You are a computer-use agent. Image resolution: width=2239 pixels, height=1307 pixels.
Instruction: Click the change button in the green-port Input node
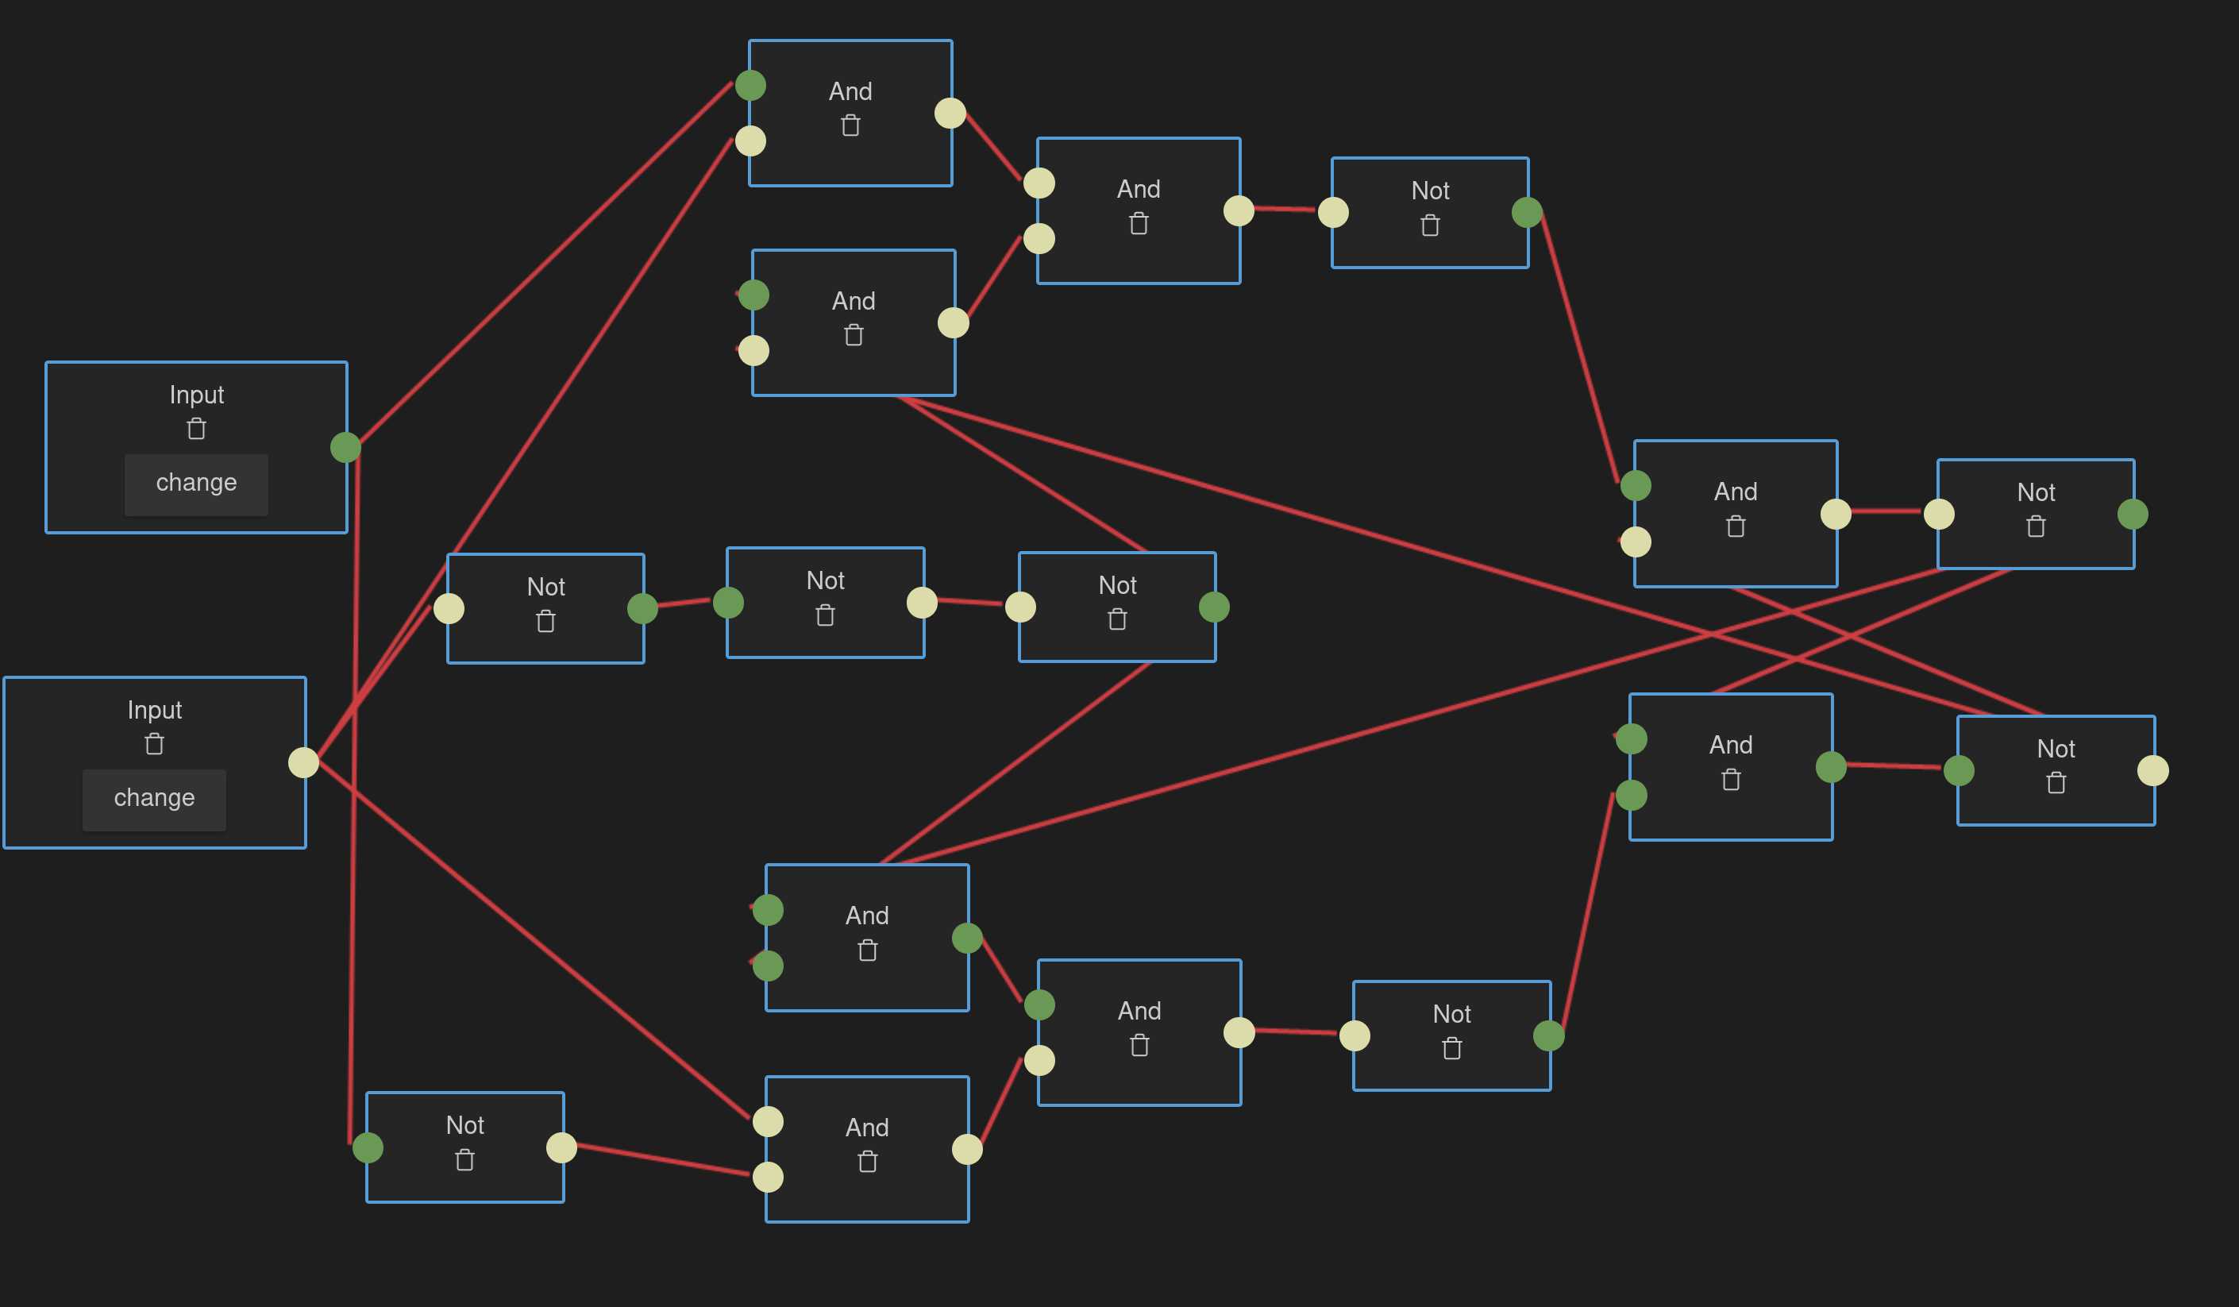(195, 484)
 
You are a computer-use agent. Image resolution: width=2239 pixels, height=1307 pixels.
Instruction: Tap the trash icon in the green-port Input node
(196, 429)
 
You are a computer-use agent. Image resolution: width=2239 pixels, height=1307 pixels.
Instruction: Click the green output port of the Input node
(345, 447)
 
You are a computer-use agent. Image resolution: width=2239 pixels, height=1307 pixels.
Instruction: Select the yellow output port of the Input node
(304, 762)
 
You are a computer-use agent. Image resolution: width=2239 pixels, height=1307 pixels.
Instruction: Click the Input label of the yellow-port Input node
(155, 710)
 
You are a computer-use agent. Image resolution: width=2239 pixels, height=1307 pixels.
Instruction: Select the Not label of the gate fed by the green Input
(464, 1125)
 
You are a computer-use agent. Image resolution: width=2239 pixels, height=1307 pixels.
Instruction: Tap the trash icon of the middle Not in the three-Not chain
(826, 615)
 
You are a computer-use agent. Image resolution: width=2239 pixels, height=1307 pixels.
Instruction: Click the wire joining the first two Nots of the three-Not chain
(684, 603)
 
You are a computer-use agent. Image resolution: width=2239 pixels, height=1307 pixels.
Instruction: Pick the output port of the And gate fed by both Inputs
(950, 113)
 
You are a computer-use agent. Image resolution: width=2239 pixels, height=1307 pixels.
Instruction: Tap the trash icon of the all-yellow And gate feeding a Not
(1139, 224)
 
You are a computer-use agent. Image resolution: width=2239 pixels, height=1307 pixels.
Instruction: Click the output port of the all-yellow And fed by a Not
(968, 1150)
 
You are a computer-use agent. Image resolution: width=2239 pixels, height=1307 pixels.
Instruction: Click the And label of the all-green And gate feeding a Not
(1731, 745)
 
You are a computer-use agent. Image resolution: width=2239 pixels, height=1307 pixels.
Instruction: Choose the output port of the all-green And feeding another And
(968, 938)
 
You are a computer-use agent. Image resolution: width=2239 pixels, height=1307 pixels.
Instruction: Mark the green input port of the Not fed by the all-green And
(1960, 770)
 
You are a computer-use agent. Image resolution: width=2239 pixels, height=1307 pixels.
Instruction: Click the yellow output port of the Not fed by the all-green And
(2152, 770)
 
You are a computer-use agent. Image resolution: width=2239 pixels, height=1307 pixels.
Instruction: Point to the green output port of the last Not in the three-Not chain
(1215, 607)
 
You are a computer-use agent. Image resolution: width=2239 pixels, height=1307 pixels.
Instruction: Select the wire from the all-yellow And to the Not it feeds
(1285, 209)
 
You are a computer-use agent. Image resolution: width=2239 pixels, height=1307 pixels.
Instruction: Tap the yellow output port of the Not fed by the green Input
(561, 1147)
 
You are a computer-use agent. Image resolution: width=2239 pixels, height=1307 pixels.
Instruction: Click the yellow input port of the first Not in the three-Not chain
(449, 608)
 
